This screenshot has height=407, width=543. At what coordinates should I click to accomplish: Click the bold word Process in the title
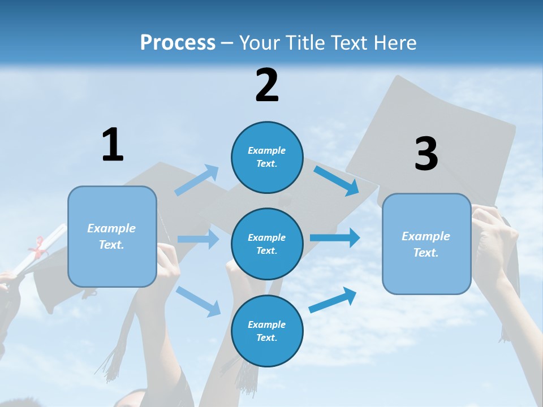(178, 42)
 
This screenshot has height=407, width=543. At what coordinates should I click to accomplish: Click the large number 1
(113, 145)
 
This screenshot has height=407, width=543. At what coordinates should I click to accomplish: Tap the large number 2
(267, 85)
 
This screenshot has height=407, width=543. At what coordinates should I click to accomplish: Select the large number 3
(426, 154)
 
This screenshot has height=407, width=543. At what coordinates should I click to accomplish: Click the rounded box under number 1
(112, 236)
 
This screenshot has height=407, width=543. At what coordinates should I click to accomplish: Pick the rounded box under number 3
(426, 244)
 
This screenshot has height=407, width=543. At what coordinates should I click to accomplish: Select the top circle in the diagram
(267, 157)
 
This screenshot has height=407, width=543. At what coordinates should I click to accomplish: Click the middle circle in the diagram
(267, 244)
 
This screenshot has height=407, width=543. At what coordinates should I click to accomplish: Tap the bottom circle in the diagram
(267, 331)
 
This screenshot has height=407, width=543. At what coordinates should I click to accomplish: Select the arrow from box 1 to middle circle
(198, 239)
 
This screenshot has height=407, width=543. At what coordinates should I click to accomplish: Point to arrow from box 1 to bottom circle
(199, 301)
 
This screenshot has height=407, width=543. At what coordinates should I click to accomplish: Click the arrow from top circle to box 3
(337, 180)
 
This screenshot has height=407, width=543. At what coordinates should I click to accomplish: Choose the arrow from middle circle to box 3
(335, 237)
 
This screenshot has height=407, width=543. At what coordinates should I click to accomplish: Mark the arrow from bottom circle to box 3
(333, 300)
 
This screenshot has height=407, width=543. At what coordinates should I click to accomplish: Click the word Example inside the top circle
(267, 150)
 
